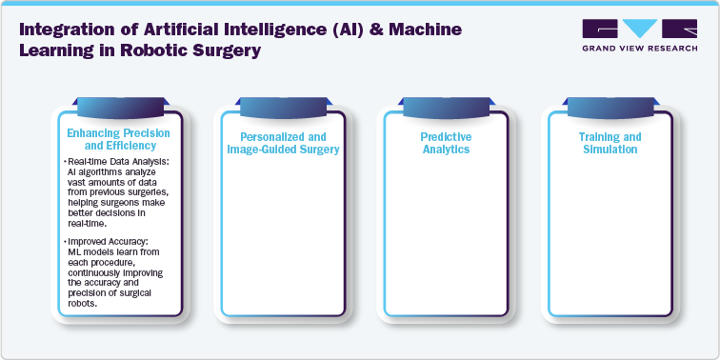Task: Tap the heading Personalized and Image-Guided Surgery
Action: click(282, 143)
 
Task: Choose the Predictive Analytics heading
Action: click(447, 143)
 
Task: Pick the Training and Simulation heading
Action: click(610, 143)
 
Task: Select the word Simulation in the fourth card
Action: click(610, 150)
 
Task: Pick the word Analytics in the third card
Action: click(447, 150)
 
